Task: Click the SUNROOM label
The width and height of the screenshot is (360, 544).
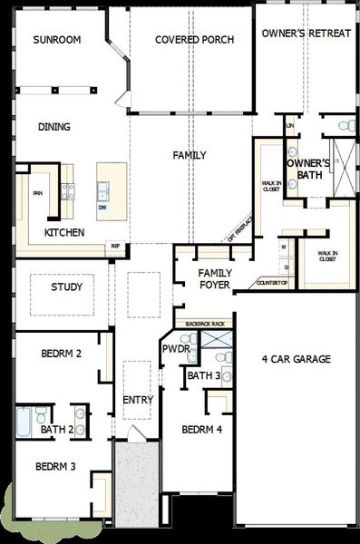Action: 57,40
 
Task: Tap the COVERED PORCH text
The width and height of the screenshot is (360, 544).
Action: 195,40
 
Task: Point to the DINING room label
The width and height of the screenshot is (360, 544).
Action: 54,127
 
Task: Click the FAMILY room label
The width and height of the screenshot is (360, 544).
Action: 190,156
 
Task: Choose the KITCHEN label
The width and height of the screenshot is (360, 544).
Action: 64,233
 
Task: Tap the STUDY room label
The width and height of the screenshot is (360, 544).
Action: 66,287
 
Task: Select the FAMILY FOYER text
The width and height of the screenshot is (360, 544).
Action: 214,279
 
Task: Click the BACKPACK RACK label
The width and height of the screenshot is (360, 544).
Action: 204,324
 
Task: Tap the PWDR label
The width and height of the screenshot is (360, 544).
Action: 175,349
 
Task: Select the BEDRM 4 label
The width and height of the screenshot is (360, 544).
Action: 202,430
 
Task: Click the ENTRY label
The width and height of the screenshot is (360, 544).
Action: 138,400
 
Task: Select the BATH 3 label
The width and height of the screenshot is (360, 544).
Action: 205,375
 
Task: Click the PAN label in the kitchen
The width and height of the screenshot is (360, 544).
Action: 38,193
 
